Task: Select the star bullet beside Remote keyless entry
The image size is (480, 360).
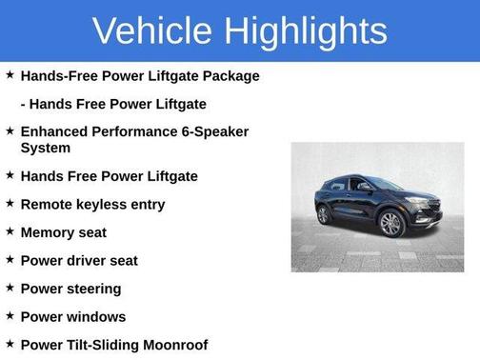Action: [10, 204]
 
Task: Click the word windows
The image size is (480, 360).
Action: [95, 316]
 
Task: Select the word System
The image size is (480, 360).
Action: [46, 148]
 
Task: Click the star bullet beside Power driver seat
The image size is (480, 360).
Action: [10, 260]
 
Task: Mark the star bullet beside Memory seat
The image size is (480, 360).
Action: [10, 232]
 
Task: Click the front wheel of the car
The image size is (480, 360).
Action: [390, 225]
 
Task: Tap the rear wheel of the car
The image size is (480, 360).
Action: [324, 214]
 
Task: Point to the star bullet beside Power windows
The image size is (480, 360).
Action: [10, 316]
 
